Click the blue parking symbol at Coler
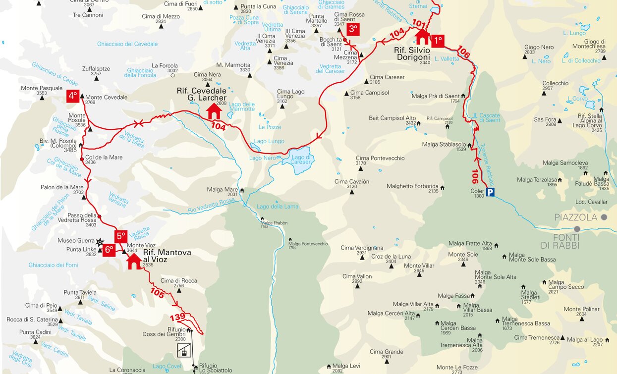coord(490,192)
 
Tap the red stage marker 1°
coord(437,41)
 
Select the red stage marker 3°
coord(353,29)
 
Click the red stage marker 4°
coord(73,96)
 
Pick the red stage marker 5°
coord(121,236)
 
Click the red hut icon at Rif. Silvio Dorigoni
coord(422,37)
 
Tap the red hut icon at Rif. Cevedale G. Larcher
coord(214,111)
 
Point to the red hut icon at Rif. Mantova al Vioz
coord(133,261)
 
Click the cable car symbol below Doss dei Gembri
coord(183,350)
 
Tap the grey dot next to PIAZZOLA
coord(604,217)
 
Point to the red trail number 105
coord(157,293)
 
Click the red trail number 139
coord(177,317)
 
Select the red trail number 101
coord(419,23)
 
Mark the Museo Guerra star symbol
coord(100,242)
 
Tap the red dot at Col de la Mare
coord(82,160)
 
